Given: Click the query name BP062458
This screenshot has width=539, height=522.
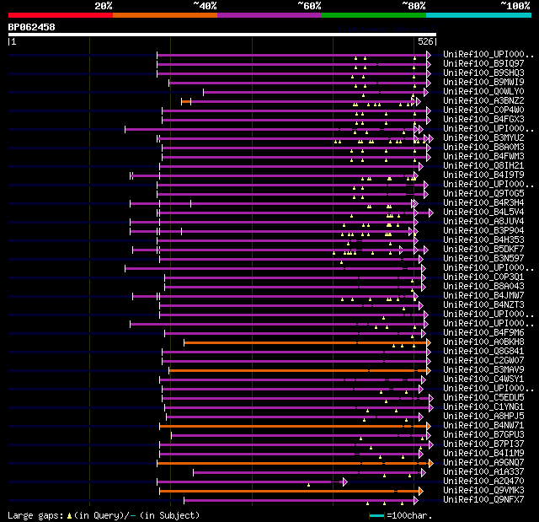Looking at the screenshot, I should [32, 27].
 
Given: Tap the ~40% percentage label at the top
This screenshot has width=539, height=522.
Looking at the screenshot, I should [205, 6].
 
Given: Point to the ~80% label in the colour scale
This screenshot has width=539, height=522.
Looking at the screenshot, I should [414, 6].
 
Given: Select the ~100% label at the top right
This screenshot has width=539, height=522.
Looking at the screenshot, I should [515, 6].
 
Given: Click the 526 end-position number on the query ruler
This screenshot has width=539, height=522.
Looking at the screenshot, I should [425, 41].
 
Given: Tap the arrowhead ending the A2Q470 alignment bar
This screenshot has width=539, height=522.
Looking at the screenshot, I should [345, 482].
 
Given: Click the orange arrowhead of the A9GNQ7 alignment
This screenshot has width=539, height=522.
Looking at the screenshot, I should [430, 463].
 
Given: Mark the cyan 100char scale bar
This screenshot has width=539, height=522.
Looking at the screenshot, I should [376, 515].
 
